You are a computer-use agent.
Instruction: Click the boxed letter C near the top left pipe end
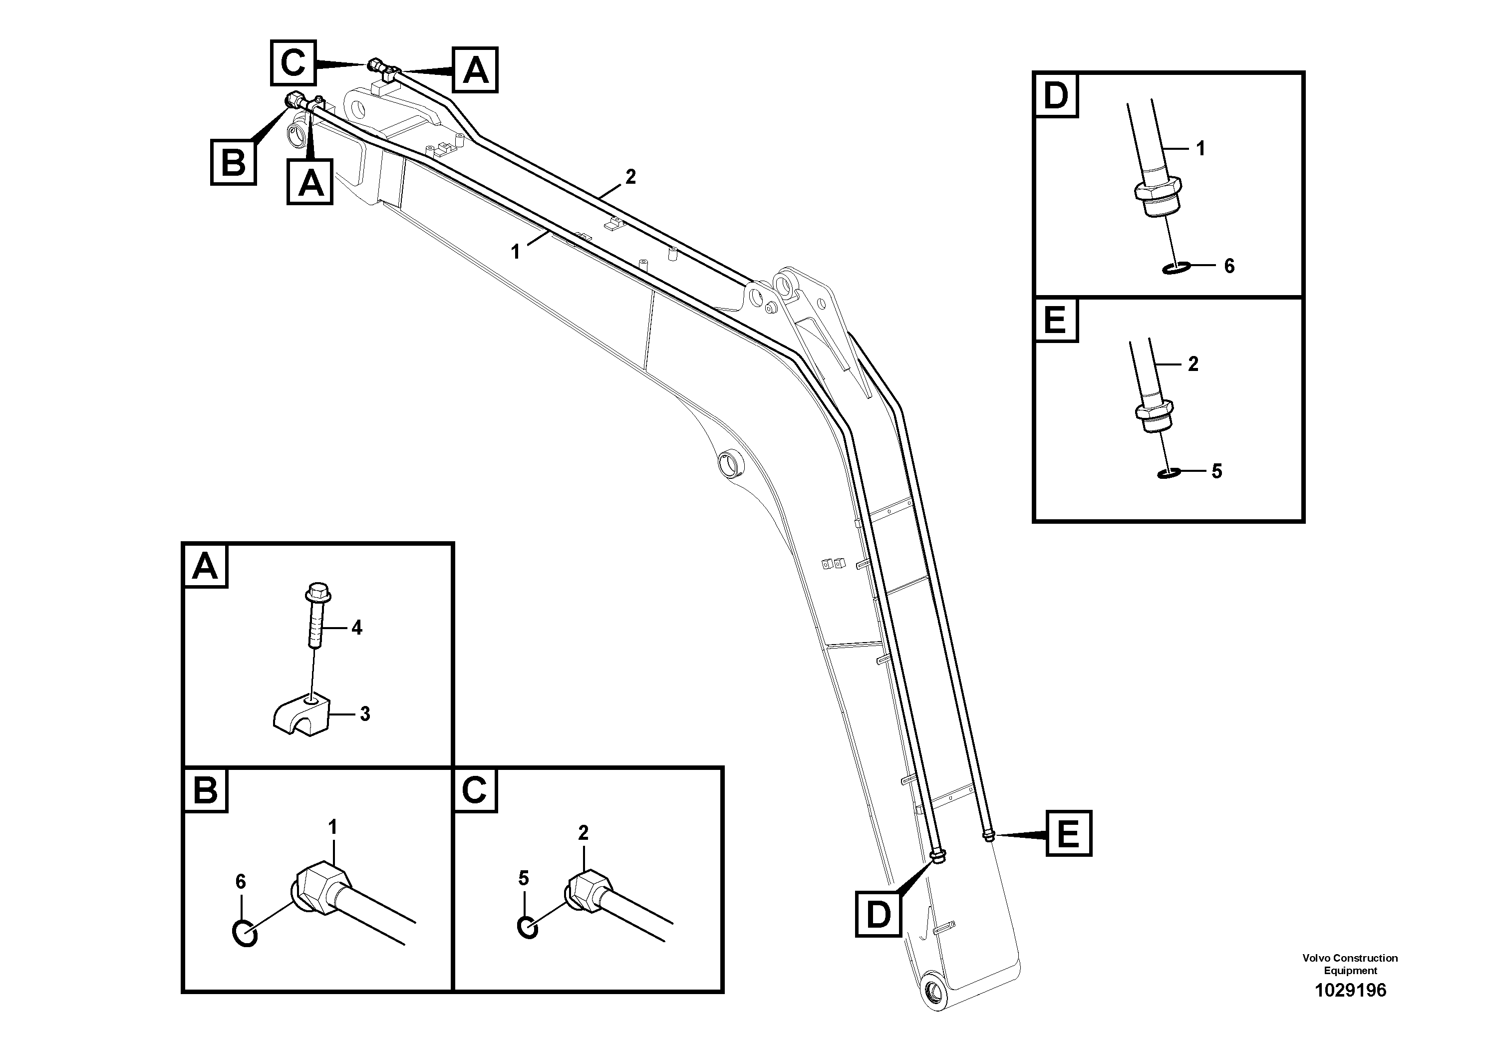pos(293,63)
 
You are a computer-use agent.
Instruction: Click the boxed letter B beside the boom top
pos(233,162)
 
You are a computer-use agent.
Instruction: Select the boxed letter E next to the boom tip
pos(1069,833)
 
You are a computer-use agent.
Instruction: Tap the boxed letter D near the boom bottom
pos(878,914)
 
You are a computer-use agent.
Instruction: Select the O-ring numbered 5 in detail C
pos(528,928)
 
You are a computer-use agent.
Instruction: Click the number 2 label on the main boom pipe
pos(630,176)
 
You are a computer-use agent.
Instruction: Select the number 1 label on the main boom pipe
pos(515,252)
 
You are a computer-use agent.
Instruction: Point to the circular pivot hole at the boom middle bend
pos(731,463)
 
